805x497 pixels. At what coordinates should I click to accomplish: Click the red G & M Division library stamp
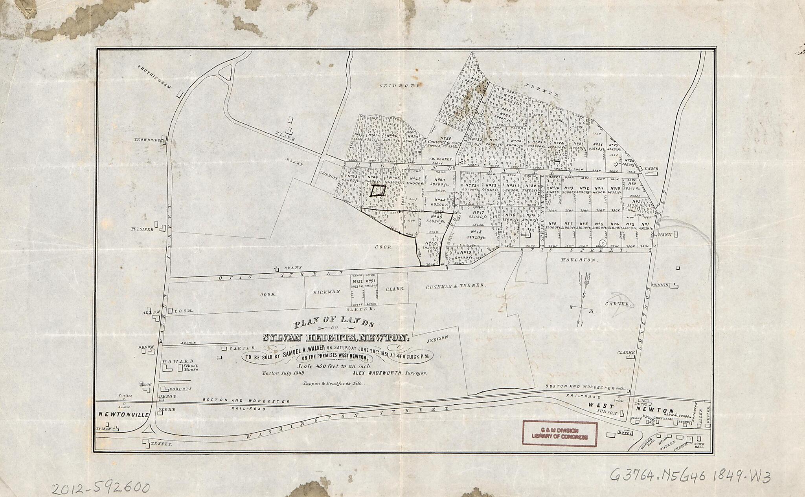tap(559, 433)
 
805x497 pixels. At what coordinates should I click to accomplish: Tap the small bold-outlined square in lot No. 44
tap(378, 191)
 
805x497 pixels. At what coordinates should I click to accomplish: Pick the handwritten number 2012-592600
tap(101, 488)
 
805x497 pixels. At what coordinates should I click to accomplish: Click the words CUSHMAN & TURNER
tap(456, 286)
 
